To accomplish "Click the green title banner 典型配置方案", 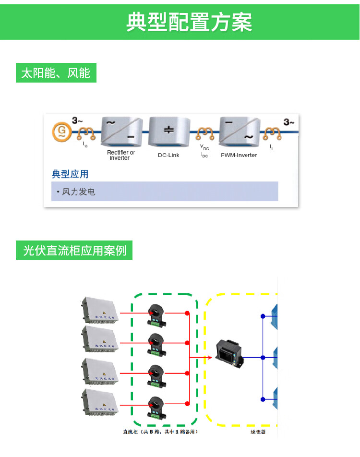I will (189, 22).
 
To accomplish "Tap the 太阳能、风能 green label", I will (56, 73).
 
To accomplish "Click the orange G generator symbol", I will (61, 131).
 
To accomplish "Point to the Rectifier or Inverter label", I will (121, 155).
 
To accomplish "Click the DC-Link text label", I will (168, 155).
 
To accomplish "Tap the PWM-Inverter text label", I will (239, 155).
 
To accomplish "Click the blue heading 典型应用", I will (70, 174).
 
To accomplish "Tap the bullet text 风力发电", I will (78, 192).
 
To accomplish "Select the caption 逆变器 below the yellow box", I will (258, 432).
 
